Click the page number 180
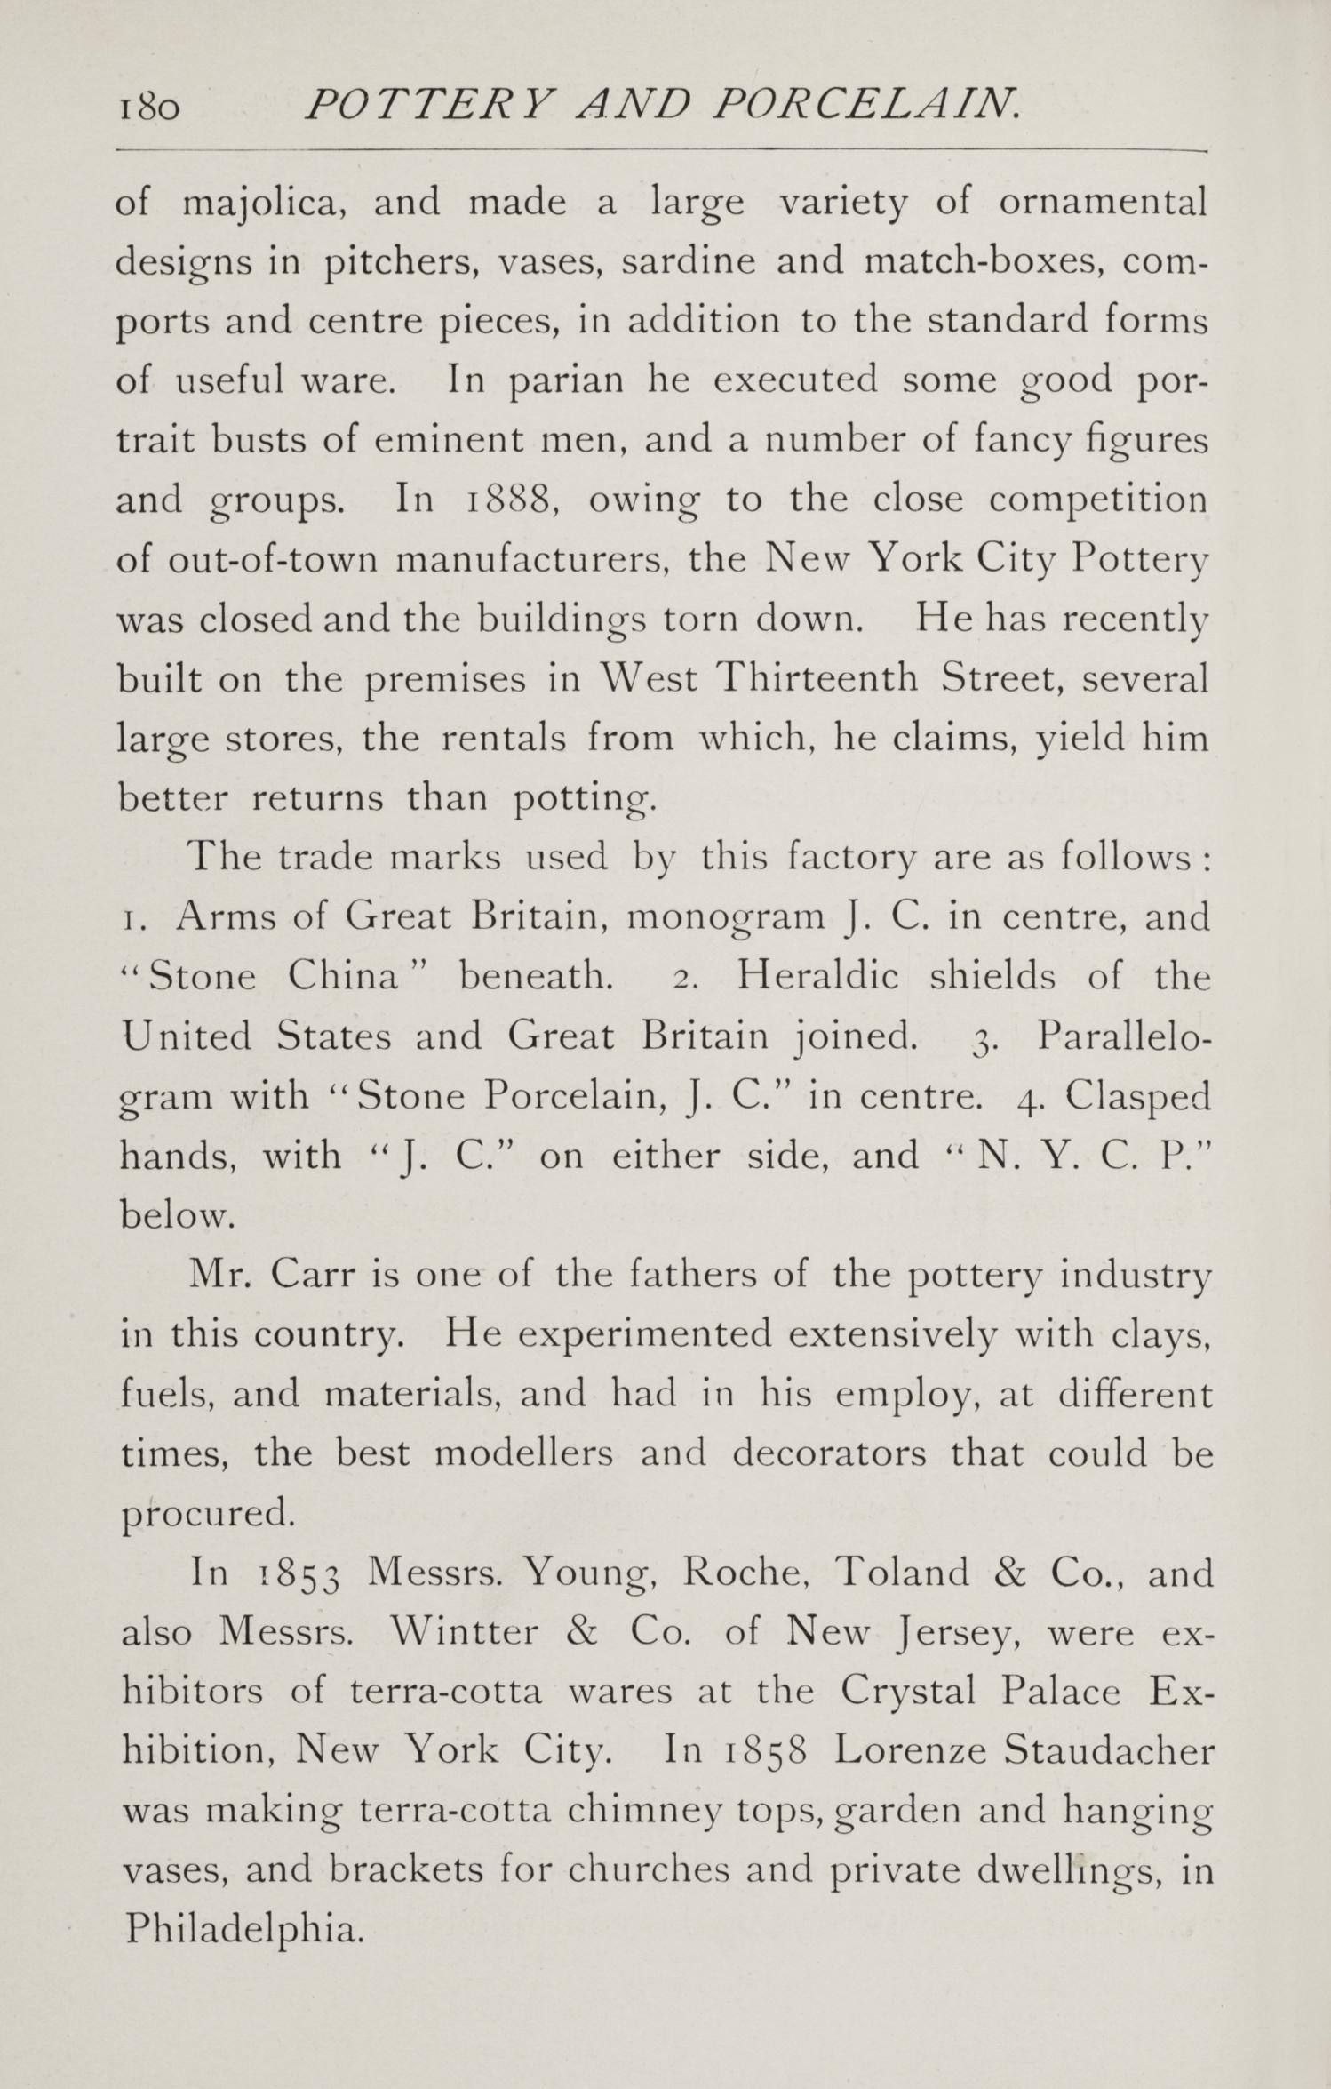tap(148, 108)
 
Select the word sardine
tap(689, 262)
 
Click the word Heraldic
tap(817, 977)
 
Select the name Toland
tap(902, 1573)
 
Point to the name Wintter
tap(466, 1633)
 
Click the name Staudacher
tap(1108, 1752)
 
